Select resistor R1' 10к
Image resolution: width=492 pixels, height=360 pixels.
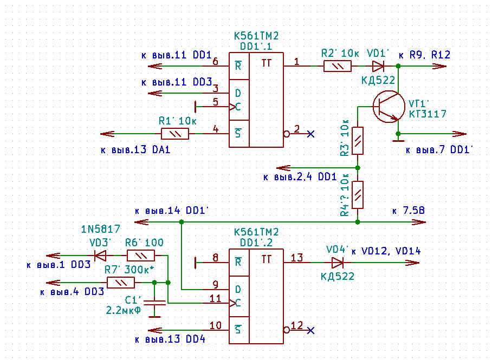pyautogui.click(x=174, y=134)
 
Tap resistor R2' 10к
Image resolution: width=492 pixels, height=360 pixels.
pyautogui.click(x=337, y=66)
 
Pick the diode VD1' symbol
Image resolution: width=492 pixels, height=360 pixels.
pyautogui.click(x=378, y=66)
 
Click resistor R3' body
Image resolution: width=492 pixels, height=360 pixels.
pyautogui.click(x=358, y=141)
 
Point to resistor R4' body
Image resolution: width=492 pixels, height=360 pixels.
pyautogui.click(x=358, y=195)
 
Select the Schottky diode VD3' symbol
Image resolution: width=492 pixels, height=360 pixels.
pyautogui.click(x=100, y=255)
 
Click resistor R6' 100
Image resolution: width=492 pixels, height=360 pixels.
pyautogui.click(x=140, y=255)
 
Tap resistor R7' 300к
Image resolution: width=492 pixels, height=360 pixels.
pyautogui.click(x=120, y=282)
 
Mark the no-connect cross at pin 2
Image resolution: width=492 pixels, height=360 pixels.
pyautogui.click(x=310, y=134)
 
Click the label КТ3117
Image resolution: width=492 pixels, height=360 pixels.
pyautogui.click(x=428, y=114)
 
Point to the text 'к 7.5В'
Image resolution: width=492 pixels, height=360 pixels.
pyautogui.click(x=409, y=210)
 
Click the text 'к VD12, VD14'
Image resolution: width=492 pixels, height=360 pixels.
pyautogui.click(x=386, y=251)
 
